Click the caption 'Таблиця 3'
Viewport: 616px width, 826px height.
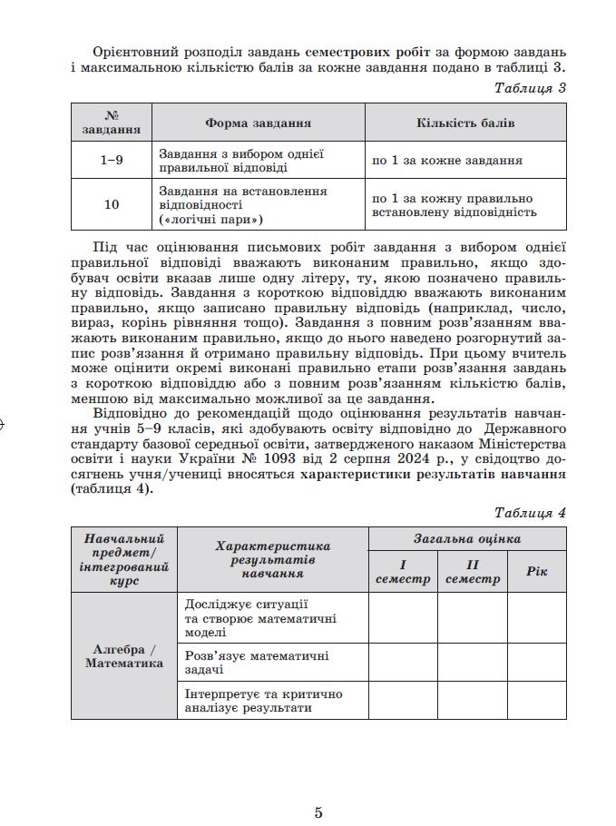point(531,88)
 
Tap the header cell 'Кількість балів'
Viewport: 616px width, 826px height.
point(465,123)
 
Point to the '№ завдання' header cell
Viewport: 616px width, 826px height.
point(112,123)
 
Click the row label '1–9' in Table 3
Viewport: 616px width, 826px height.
point(112,161)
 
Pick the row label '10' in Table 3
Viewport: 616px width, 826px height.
point(112,205)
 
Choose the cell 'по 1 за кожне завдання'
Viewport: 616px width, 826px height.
point(446,161)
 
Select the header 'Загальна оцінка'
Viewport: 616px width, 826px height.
point(467,538)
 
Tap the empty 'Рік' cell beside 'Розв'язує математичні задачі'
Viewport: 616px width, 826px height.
point(536,662)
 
